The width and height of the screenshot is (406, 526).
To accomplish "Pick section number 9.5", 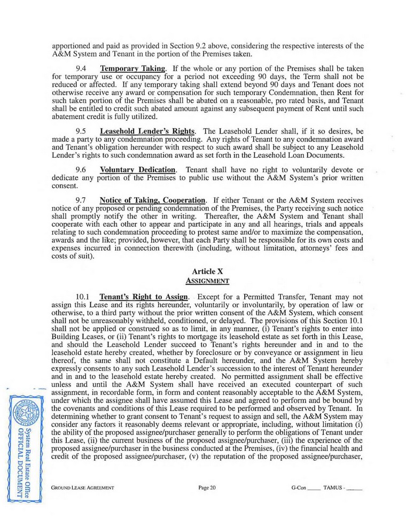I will tap(82, 130).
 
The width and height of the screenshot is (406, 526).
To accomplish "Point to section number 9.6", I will tap(82, 169).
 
